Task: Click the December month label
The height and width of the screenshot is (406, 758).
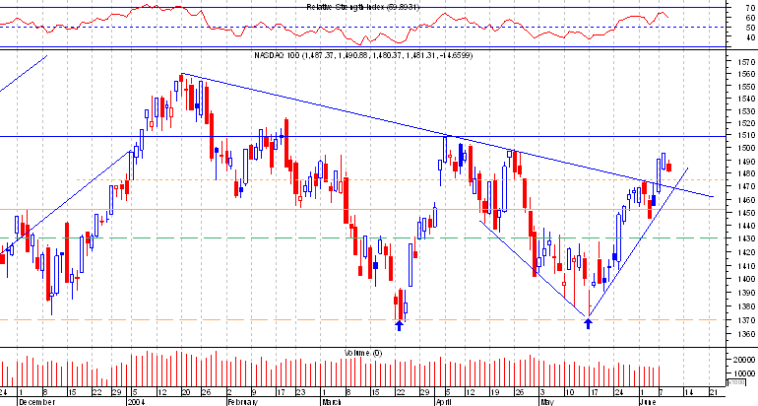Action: coord(36,402)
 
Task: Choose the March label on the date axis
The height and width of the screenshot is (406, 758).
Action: coord(332,402)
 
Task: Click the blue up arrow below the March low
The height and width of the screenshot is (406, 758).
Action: coord(399,323)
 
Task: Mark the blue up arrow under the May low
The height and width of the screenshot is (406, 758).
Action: coord(588,323)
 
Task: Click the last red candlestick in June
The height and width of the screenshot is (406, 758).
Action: coord(669,166)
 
